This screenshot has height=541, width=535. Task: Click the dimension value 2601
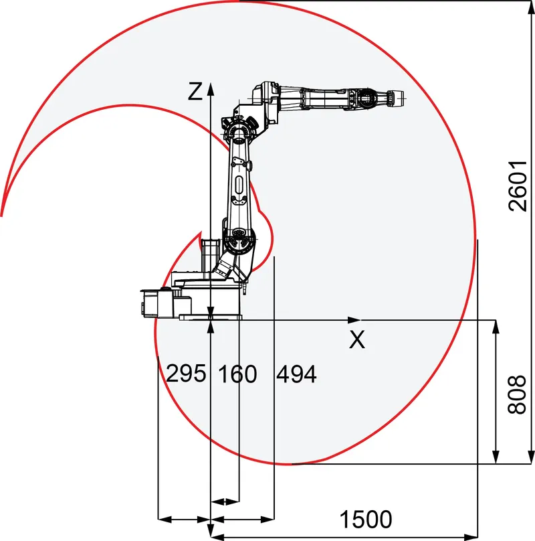[x=518, y=185]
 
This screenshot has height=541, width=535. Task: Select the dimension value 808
[x=517, y=394]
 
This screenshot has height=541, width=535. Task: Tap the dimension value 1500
[x=366, y=519]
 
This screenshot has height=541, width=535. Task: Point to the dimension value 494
[x=296, y=374]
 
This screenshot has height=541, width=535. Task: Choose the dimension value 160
[x=238, y=374]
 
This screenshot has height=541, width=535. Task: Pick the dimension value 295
[x=186, y=373]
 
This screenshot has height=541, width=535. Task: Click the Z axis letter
[x=195, y=92]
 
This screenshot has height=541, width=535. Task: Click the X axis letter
[x=357, y=339]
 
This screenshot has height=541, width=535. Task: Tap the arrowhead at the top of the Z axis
[x=210, y=88]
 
